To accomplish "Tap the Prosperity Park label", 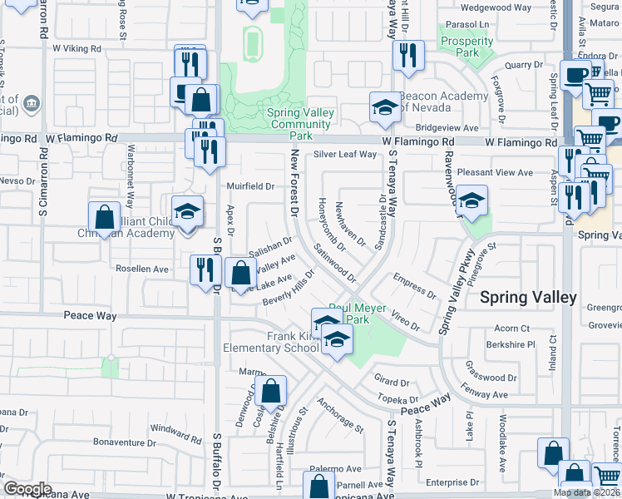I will [467, 47].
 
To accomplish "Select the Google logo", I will [27, 488].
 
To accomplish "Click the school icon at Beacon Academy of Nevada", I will [384, 107].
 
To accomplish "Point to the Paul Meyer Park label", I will [358, 314].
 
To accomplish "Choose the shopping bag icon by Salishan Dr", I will [240, 272].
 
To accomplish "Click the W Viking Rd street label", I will [77, 49].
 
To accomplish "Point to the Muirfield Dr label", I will [250, 186].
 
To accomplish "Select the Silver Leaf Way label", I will [345, 155].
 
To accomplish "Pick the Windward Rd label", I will [175, 432].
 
